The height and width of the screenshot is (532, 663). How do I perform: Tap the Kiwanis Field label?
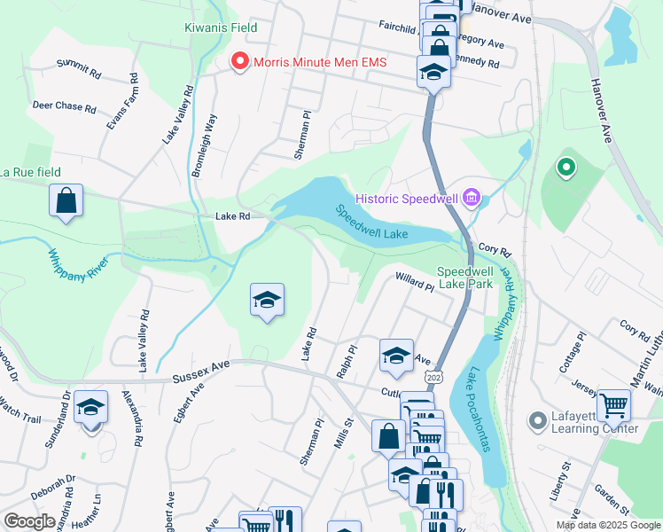click(221, 27)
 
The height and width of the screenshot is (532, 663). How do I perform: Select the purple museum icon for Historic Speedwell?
click(472, 197)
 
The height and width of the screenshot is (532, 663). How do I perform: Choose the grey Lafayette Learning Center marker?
click(536, 419)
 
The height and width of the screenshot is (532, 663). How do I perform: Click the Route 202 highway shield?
click(433, 378)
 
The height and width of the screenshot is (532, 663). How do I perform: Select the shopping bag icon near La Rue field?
click(66, 201)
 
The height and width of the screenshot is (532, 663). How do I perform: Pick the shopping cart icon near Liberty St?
click(613, 406)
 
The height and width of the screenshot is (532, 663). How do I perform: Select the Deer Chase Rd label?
click(64, 106)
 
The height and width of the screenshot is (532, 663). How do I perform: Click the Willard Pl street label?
click(414, 282)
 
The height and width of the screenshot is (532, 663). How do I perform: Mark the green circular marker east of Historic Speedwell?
click(565, 167)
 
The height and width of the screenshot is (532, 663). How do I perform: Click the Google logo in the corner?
click(29, 521)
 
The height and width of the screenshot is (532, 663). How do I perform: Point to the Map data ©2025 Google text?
click(608, 525)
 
